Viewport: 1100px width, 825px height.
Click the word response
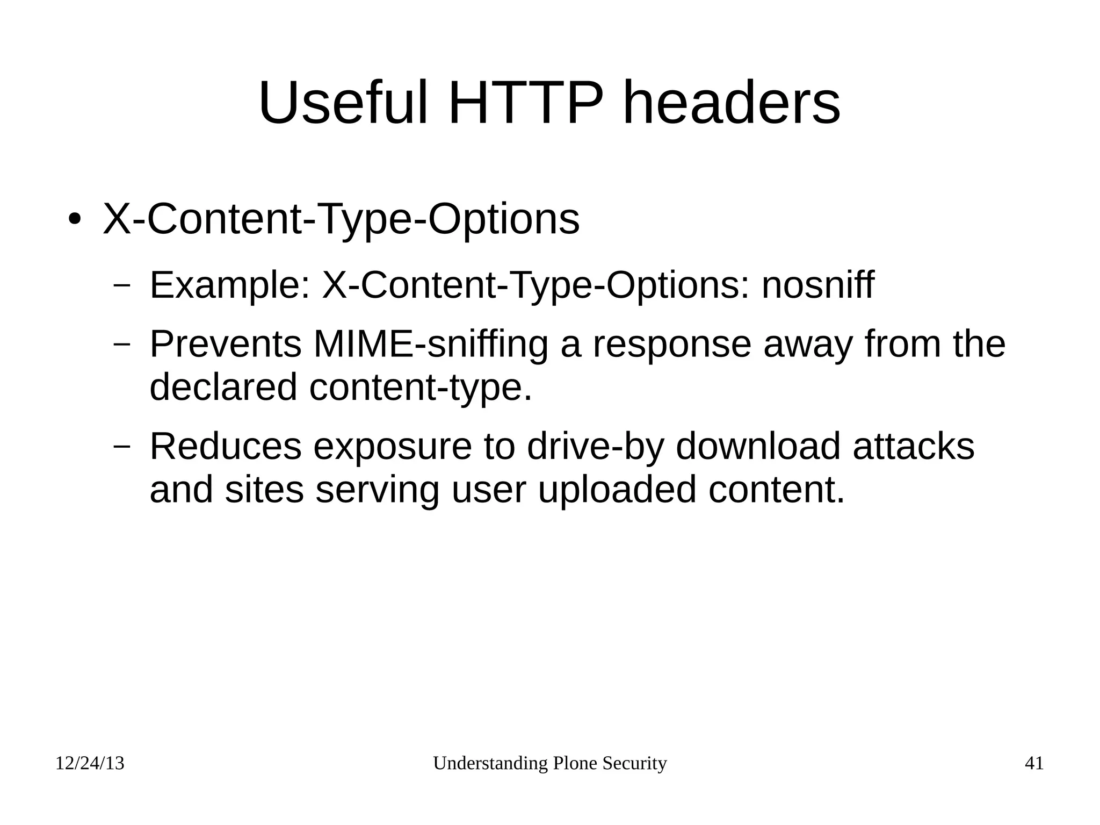[x=671, y=345]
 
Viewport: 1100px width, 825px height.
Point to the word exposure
[x=392, y=447]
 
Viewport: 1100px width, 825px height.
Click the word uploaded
[x=617, y=490]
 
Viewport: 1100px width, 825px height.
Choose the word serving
[x=377, y=491]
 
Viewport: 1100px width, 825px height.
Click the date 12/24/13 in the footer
[x=90, y=763]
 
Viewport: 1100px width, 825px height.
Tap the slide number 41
[x=1034, y=763]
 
